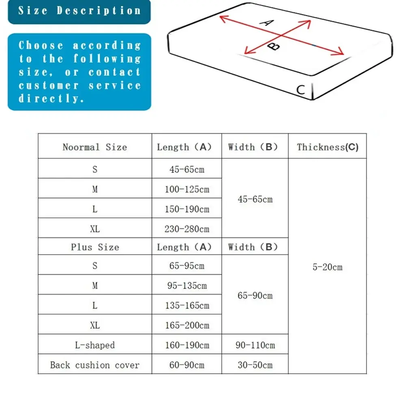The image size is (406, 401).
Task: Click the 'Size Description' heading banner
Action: (79, 11)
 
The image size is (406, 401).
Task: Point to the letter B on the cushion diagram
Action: (275, 46)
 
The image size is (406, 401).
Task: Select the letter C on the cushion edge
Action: (300, 89)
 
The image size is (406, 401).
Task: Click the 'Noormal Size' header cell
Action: (95, 147)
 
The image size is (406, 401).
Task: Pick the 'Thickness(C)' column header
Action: (327, 147)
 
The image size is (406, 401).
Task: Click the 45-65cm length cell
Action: (187, 169)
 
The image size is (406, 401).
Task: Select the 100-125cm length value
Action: (187, 189)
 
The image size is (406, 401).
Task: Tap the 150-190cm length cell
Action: (187, 209)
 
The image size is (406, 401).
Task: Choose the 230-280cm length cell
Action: (187, 229)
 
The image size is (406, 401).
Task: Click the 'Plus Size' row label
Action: (95, 247)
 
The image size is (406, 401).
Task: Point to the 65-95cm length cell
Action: (187, 266)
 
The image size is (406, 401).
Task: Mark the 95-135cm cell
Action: (187, 286)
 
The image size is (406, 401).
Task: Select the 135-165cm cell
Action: (187, 306)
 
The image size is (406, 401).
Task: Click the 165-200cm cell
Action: (187, 325)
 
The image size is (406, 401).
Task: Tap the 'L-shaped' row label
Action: (95, 345)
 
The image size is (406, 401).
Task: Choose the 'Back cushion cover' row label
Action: (95, 365)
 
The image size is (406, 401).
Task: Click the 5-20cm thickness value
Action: (327, 267)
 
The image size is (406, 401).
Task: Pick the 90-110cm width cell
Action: (255, 345)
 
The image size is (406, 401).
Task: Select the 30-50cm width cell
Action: (255, 365)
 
